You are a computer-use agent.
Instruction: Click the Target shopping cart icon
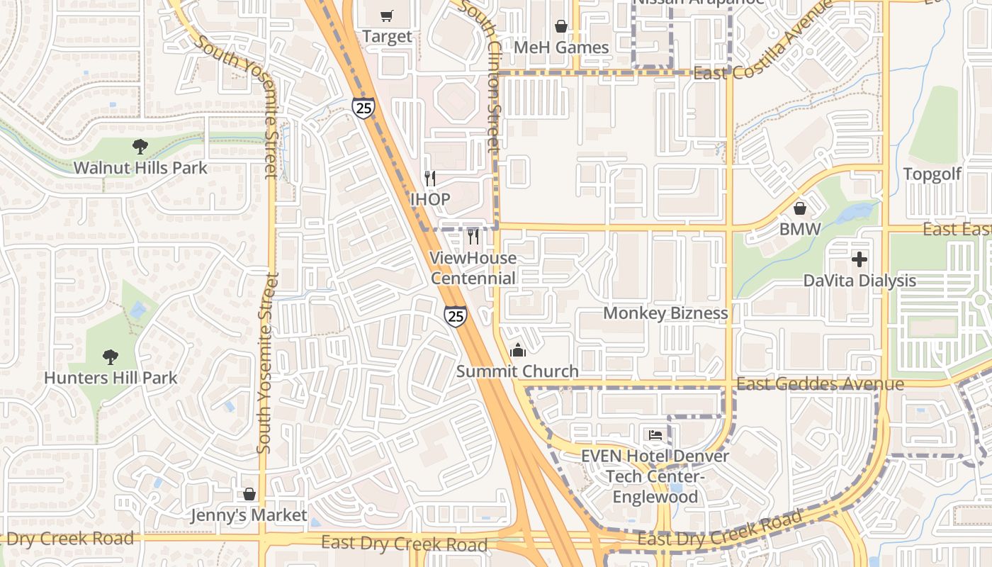coord(386,16)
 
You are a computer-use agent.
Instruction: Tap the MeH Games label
coord(561,47)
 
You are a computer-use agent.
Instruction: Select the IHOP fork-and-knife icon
coord(429,178)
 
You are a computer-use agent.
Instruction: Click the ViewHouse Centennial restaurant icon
coord(473,236)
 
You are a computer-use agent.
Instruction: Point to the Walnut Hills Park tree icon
coord(140,147)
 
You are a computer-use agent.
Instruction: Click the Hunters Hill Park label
coord(111,378)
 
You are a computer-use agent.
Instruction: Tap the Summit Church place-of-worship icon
coord(518,350)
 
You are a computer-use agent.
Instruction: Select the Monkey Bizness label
coord(665,313)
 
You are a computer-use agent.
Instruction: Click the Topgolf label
coord(932,174)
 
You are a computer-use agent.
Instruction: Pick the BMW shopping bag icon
coord(800,208)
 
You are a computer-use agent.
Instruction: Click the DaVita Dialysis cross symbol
coord(859,259)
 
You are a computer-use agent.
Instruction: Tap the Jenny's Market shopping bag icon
coord(249,494)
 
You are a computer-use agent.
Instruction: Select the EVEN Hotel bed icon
coord(655,434)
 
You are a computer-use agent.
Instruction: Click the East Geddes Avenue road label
coord(820,384)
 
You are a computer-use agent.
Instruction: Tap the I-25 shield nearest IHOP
coord(363,108)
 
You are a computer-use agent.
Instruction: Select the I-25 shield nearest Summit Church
coord(456,316)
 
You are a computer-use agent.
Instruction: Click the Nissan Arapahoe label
coord(698,2)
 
